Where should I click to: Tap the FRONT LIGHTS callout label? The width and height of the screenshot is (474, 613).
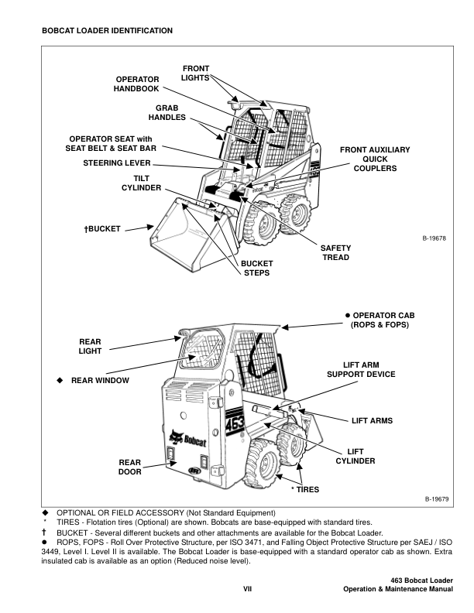195,74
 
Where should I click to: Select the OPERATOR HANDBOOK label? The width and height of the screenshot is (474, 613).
137,84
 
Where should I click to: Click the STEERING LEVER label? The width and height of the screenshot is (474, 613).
117,163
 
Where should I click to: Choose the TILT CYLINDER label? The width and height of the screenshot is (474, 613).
141,183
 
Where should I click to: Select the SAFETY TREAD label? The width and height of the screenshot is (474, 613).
335,252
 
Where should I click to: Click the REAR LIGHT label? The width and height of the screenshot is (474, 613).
90,346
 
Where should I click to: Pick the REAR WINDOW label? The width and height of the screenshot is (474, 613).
100,380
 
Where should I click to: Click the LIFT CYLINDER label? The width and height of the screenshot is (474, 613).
355,456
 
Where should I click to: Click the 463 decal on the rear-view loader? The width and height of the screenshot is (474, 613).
235,425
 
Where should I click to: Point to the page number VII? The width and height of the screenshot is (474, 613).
249,589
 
